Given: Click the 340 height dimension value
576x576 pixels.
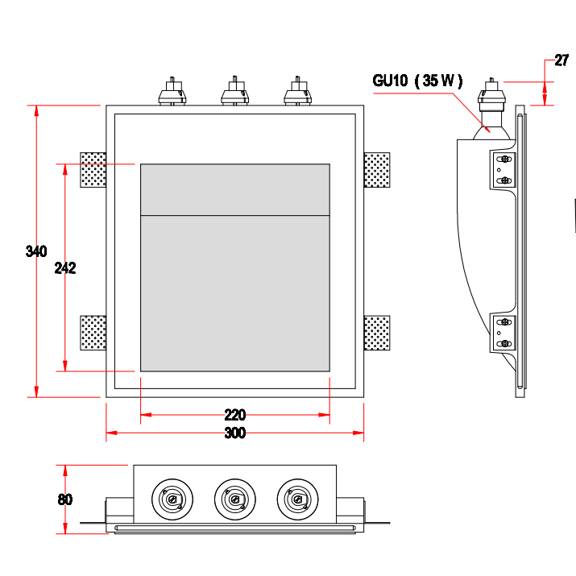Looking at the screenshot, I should tap(36, 251).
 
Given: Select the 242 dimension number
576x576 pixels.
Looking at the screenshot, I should tap(65, 268).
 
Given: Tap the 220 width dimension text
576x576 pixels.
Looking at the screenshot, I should tap(234, 416).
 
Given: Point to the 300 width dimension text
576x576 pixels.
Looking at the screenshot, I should tap(234, 433).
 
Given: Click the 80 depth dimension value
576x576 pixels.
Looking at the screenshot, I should tap(65, 499).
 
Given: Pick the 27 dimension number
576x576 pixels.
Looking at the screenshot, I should tap(562, 60).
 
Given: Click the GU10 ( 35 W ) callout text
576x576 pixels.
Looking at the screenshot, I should tap(417, 80).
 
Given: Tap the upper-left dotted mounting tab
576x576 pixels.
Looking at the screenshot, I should tap(93, 169).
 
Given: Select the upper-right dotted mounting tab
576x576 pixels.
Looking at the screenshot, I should tap(377, 169).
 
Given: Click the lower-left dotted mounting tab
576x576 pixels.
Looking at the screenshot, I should tap(93, 333).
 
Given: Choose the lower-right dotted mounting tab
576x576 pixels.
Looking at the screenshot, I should tap(377, 333).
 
